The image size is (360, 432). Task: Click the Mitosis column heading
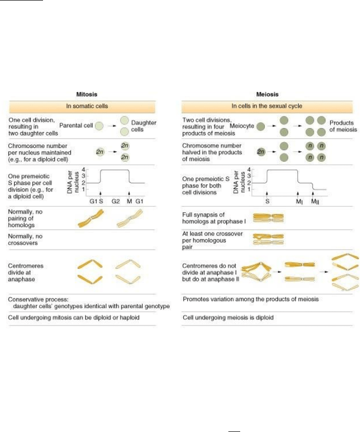(x=87, y=94)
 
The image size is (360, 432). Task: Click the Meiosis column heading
(x=267, y=94)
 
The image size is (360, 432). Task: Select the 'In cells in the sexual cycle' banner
(x=267, y=106)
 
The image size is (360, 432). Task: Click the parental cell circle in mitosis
(x=99, y=126)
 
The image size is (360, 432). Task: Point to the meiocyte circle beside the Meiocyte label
(x=261, y=126)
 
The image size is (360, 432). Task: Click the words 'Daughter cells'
(x=143, y=126)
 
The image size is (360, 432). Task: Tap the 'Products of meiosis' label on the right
(x=343, y=126)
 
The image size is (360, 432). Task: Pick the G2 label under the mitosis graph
(x=116, y=201)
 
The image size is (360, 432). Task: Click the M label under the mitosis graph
(x=129, y=201)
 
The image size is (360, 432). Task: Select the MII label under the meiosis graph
(x=315, y=202)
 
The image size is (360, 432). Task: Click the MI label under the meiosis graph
(x=299, y=202)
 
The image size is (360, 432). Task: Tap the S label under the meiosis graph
(x=267, y=201)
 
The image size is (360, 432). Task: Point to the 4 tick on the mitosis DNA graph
(x=83, y=169)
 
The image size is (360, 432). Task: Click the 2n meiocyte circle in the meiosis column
(x=261, y=152)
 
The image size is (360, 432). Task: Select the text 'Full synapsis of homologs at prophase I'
(x=214, y=218)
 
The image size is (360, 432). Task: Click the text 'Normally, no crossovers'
(x=25, y=240)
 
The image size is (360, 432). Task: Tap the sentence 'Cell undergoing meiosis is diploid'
(x=228, y=317)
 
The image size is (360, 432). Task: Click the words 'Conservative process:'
(x=38, y=299)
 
